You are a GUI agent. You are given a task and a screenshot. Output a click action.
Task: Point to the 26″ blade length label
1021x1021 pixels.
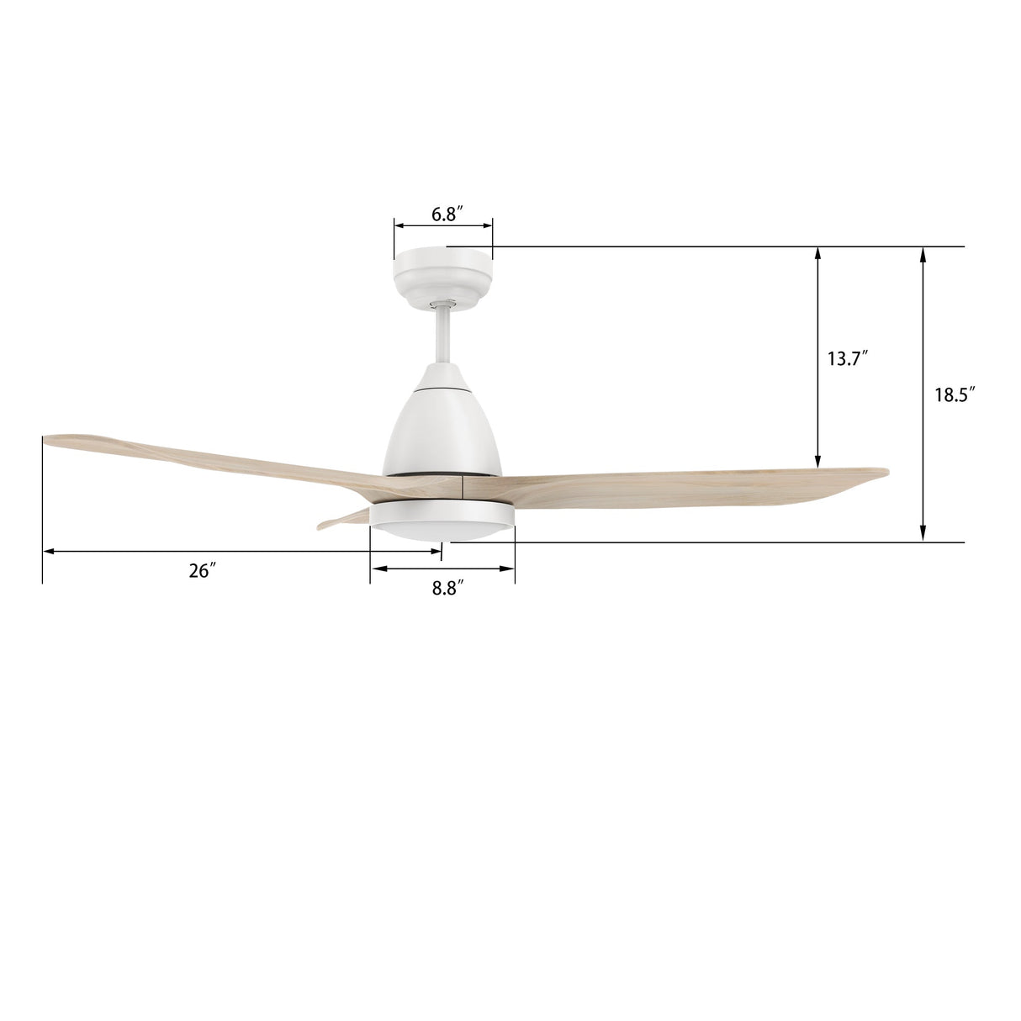202,571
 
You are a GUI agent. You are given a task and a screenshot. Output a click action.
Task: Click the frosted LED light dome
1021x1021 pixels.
442,531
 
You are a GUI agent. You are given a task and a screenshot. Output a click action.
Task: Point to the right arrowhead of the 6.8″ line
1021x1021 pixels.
487,225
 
